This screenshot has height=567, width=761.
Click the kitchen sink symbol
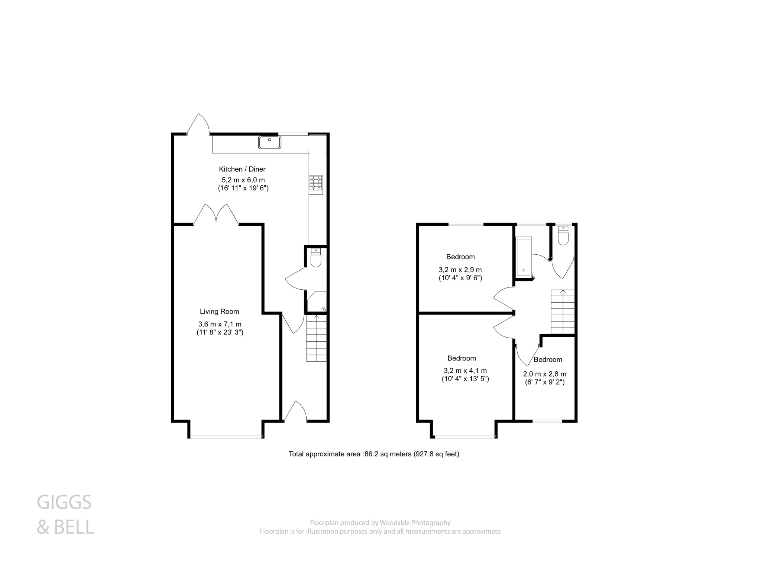pyautogui.click(x=270, y=142)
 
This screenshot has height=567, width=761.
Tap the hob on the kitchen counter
pyautogui.click(x=316, y=184)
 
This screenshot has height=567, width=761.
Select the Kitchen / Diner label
pyautogui.click(x=242, y=169)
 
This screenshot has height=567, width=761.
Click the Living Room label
pyautogui.click(x=219, y=312)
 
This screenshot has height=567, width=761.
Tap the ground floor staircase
pyautogui.click(x=316, y=338)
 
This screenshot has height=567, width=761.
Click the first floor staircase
pyautogui.click(x=563, y=312)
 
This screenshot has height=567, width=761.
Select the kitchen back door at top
pyautogui.click(x=198, y=124)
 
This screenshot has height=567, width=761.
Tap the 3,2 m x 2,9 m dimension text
pyautogui.click(x=460, y=270)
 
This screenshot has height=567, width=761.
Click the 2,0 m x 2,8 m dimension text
pyautogui.click(x=544, y=374)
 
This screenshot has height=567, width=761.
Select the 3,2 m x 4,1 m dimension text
pyautogui.click(x=465, y=371)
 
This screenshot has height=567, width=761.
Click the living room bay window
pyautogui.click(x=226, y=436)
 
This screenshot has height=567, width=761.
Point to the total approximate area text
pyautogui.click(x=374, y=454)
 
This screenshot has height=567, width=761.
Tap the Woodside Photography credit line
pyautogui.click(x=380, y=523)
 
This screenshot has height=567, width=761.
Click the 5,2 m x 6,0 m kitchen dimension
pyautogui.click(x=243, y=180)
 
